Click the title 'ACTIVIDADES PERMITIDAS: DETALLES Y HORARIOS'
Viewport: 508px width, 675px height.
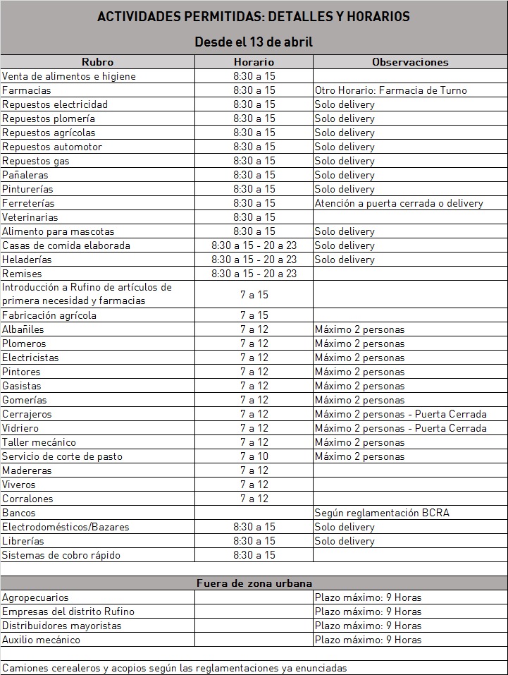coord(254,16)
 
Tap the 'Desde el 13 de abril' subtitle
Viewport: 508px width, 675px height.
coord(254,42)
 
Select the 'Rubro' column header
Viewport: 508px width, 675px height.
coord(97,62)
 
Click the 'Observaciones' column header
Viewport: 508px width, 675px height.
coord(410,62)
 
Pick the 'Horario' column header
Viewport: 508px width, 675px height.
coord(254,62)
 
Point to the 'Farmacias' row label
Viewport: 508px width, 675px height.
coord(27,90)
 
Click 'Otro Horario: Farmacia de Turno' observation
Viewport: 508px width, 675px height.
coord(390,90)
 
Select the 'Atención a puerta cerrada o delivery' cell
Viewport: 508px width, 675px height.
coord(399,203)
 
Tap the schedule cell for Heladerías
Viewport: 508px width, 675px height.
coord(254,260)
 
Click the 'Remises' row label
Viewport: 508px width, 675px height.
coord(23,274)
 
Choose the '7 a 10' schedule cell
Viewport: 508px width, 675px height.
coord(254,456)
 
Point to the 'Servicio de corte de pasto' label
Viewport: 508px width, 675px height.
coord(62,456)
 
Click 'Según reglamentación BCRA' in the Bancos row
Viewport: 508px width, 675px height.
coord(382,513)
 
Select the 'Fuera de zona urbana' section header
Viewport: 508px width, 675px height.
coord(254,583)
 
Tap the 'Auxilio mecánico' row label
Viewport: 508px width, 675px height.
coord(41,640)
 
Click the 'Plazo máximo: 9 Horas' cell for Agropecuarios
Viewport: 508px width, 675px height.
coord(368,597)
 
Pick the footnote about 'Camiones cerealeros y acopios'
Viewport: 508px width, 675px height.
coord(174,668)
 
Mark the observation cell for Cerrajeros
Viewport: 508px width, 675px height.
coord(400,414)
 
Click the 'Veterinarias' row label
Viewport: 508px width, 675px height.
coord(30,217)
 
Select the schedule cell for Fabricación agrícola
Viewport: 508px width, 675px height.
coord(254,315)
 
